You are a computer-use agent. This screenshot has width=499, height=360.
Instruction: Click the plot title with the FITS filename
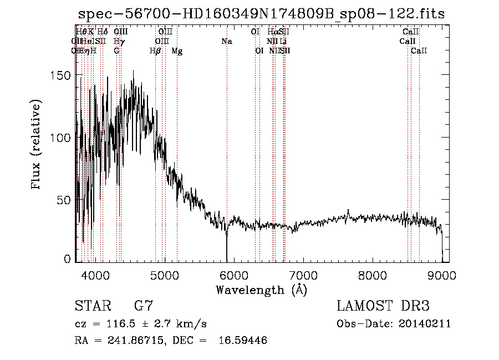click(x=261, y=14)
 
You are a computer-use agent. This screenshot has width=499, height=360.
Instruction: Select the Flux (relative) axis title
click(x=37, y=145)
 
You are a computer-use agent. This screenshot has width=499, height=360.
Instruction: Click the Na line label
click(x=226, y=41)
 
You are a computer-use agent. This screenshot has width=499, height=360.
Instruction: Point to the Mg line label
click(x=177, y=51)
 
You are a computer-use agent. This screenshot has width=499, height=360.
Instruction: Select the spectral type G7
click(x=143, y=306)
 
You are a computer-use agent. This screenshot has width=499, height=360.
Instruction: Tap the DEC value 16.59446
click(x=244, y=341)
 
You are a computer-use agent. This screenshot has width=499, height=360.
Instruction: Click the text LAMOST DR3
click(x=383, y=306)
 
